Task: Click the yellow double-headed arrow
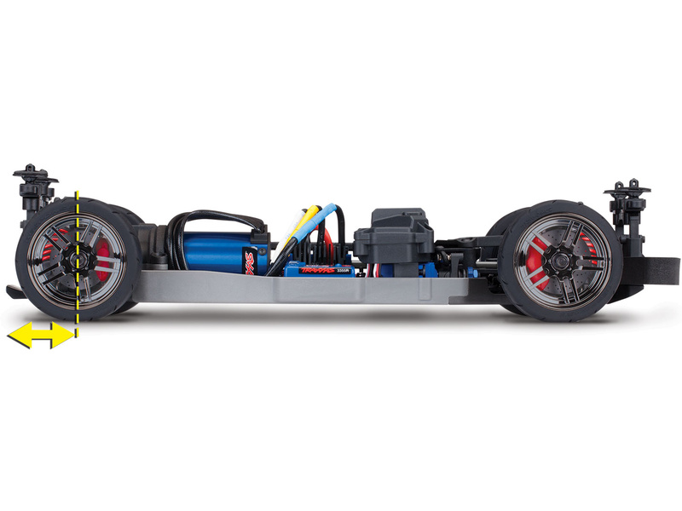[40, 336]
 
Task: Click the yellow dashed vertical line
[77, 281]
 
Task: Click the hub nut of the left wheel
[75, 256]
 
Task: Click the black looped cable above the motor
[213, 218]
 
